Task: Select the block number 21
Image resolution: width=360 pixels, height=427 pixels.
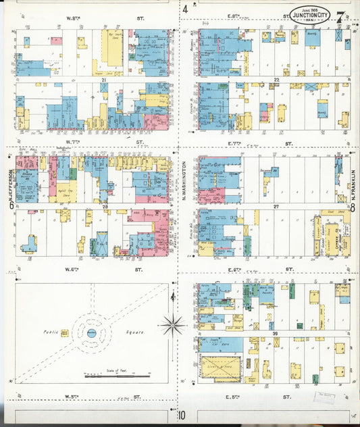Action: point(104,80)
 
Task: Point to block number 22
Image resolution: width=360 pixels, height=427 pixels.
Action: point(276,80)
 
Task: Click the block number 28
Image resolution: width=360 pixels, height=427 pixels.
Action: point(105,207)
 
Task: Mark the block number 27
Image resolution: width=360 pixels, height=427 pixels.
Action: point(276,207)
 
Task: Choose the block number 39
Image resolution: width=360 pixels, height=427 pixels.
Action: point(276,334)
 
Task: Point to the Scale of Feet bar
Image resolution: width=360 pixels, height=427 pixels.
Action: point(118,374)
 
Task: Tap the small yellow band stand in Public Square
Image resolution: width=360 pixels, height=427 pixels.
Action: point(65,332)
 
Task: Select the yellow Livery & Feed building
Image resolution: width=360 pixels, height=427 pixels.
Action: point(221,368)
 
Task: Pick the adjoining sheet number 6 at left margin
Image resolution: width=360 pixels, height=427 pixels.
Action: point(10,207)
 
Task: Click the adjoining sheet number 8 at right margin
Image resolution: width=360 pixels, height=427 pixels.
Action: point(353,208)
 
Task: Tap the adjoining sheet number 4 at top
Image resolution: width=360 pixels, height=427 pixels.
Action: point(184,9)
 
